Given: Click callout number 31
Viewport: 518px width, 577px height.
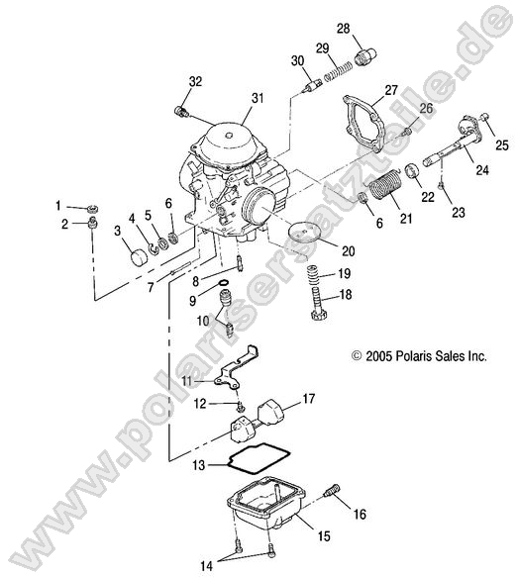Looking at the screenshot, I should point(259,97).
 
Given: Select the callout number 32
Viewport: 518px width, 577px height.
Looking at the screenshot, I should point(194,80).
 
